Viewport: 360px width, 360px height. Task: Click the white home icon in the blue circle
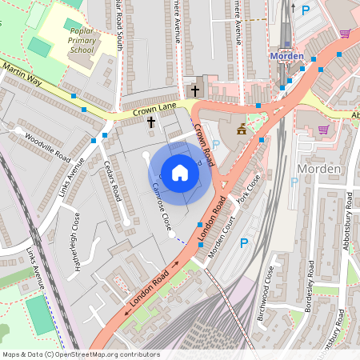(180, 172)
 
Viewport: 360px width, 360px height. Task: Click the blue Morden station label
(286, 56)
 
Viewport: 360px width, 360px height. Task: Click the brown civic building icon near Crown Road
(240, 128)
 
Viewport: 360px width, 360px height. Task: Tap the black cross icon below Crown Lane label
(151, 122)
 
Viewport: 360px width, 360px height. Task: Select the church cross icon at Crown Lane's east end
(195, 90)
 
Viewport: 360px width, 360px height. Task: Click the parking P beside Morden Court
(244, 242)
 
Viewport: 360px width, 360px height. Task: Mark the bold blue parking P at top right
(305, 10)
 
